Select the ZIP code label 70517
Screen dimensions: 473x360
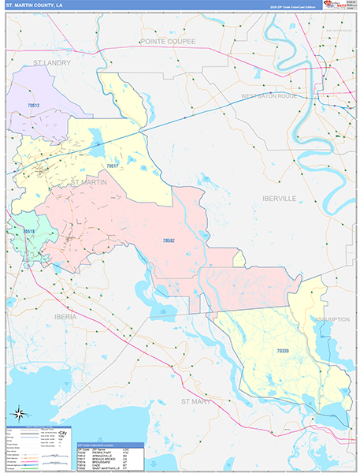coord(112,166)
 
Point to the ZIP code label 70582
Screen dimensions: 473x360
coord(169,240)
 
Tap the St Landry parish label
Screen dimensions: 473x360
coord(52,62)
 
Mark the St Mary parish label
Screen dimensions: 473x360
coord(197,401)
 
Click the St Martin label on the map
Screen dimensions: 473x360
coord(89,181)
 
